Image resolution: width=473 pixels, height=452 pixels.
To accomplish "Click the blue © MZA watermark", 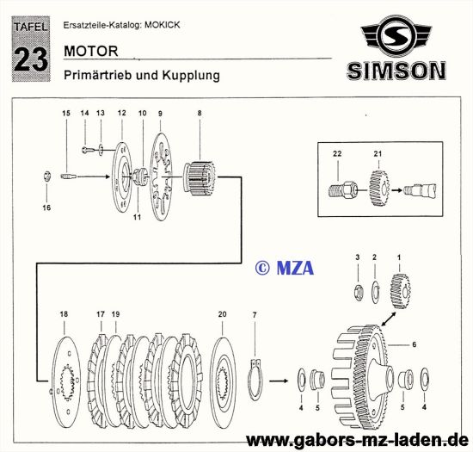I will pyautogui.click(x=284, y=269).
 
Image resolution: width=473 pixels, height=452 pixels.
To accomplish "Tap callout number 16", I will pyautogui.click(x=47, y=207).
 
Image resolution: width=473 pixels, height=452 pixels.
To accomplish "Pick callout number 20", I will pyautogui.click(x=223, y=314).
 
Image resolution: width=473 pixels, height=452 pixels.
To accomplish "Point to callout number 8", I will pyautogui.click(x=200, y=114).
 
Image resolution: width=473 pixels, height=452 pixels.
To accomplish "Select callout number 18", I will pyautogui.click(x=63, y=314).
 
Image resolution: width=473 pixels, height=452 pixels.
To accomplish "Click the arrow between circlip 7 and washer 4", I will pyautogui.click(x=279, y=377).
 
